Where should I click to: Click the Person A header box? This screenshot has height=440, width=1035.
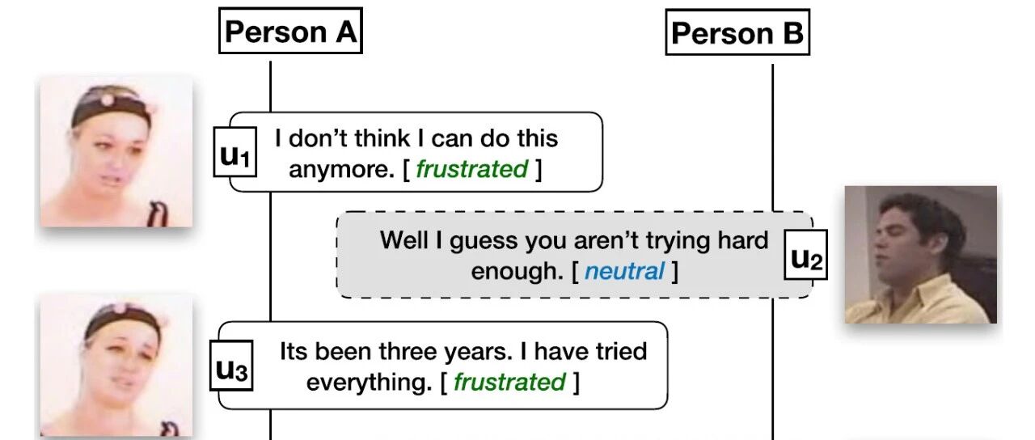point(290,31)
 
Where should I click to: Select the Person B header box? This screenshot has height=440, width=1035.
point(737,32)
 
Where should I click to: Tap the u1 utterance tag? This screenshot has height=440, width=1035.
point(234,151)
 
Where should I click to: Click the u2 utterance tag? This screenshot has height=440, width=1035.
point(805,255)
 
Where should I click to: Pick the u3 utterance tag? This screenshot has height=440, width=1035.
point(231,366)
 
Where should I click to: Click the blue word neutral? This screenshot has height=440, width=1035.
point(624,271)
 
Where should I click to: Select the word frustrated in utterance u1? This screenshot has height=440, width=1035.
point(471,169)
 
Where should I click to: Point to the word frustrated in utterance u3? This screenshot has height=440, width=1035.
point(509,382)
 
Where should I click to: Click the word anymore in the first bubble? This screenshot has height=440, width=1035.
point(341,170)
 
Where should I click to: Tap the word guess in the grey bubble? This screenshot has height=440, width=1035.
point(484,242)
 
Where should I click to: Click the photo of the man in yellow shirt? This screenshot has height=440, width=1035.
point(920,255)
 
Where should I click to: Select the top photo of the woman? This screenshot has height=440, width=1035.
point(116,151)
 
